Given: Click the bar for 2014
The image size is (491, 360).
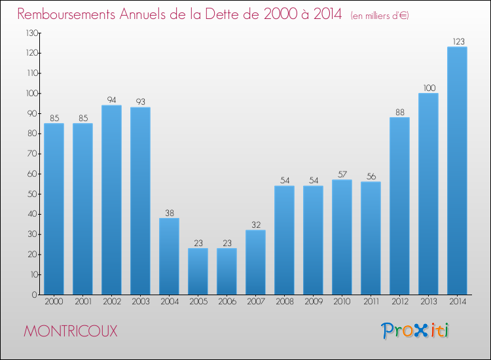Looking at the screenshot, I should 457,170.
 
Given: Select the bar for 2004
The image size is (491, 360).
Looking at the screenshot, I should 169,256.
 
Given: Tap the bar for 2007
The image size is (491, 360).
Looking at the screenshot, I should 255,262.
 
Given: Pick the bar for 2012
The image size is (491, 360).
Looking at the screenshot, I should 399,206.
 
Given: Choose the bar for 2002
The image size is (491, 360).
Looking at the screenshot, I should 111,200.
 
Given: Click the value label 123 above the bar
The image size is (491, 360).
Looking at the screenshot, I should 457,41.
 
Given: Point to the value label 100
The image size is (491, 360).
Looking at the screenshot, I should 428,88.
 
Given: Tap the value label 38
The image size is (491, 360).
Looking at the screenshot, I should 169,213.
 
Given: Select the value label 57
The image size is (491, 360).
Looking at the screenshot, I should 342,174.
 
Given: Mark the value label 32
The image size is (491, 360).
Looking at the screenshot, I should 255,225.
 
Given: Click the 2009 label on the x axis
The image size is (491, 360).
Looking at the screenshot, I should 313,302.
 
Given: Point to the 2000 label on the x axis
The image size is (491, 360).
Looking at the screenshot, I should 54,302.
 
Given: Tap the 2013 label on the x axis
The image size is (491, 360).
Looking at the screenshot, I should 428,302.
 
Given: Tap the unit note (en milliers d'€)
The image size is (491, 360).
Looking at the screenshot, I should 380,16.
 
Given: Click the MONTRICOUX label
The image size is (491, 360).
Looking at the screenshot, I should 71,331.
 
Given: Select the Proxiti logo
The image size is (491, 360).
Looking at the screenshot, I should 415,331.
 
